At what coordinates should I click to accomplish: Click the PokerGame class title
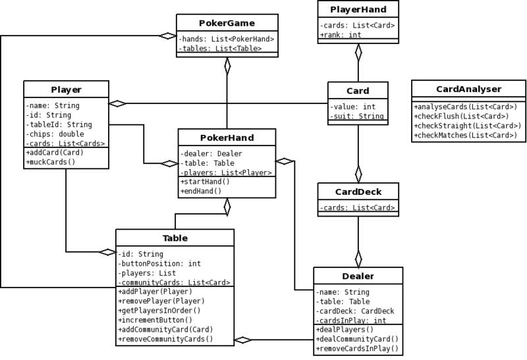coord(227,23)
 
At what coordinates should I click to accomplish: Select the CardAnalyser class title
coord(468,89)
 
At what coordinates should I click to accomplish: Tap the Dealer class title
coord(358,276)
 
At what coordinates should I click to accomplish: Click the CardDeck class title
coord(358,192)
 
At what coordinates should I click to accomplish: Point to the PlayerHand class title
coord(358,9)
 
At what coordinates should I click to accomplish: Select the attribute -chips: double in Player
coord(55,134)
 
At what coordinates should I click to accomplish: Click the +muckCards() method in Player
coord(51,162)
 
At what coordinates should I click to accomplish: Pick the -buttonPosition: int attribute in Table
coord(159,264)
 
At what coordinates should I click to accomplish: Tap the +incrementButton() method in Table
coord(155,320)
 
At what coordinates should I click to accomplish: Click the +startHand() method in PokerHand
coord(205,182)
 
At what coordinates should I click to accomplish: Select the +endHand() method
coord(201,191)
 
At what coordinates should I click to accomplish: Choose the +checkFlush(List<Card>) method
coord(462,116)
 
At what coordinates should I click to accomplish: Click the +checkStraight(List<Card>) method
coord(468,126)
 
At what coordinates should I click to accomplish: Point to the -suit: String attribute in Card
coord(357,116)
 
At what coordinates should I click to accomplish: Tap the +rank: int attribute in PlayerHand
coord(341,35)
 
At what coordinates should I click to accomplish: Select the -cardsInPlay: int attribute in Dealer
coord(351,321)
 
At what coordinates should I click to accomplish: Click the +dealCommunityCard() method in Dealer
coord(357,339)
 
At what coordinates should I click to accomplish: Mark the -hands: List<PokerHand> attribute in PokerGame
coord(227,39)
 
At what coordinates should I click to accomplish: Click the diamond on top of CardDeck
coord(358,174)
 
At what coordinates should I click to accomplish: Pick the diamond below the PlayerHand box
coord(358,53)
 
